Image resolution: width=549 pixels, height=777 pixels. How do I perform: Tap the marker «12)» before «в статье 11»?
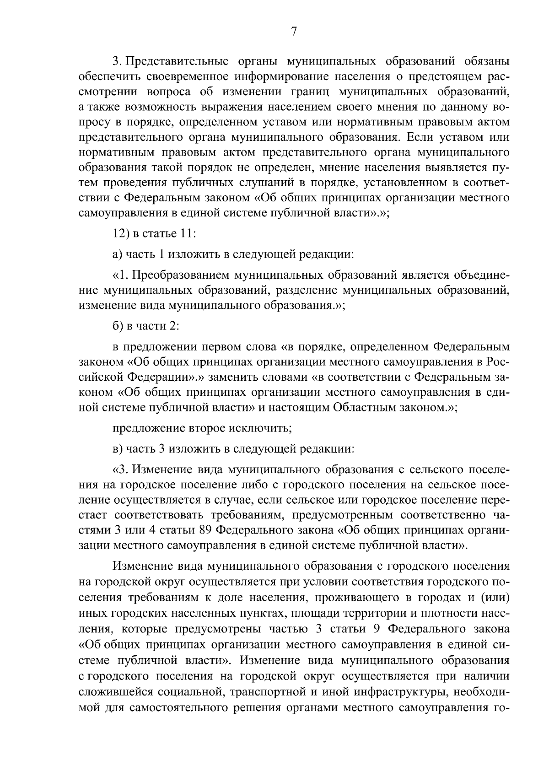pyautogui.click(x=121, y=233)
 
